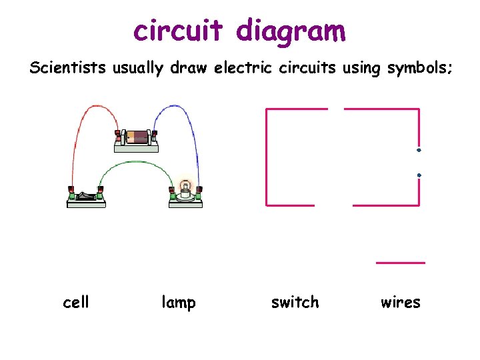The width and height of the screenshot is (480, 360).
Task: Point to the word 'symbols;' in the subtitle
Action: click(x=419, y=68)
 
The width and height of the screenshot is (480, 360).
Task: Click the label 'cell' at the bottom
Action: click(x=76, y=303)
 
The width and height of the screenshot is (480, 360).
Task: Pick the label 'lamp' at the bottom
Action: click(x=179, y=303)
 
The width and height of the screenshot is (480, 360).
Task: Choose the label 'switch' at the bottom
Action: click(x=295, y=303)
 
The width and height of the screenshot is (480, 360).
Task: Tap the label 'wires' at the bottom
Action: click(x=401, y=303)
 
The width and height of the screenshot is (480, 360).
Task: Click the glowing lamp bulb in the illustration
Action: click(x=185, y=185)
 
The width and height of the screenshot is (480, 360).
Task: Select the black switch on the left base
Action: click(x=85, y=195)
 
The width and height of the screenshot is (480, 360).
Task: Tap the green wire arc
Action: click(x=137, y=162)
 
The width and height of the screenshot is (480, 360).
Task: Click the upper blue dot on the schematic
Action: click(x=419, y=150)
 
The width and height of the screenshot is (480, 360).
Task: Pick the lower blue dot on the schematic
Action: click(x=419, y=175)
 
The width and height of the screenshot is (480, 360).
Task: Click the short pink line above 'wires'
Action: click(x=400, y=263)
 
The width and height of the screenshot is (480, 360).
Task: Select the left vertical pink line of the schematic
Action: click(x=267, y=157)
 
